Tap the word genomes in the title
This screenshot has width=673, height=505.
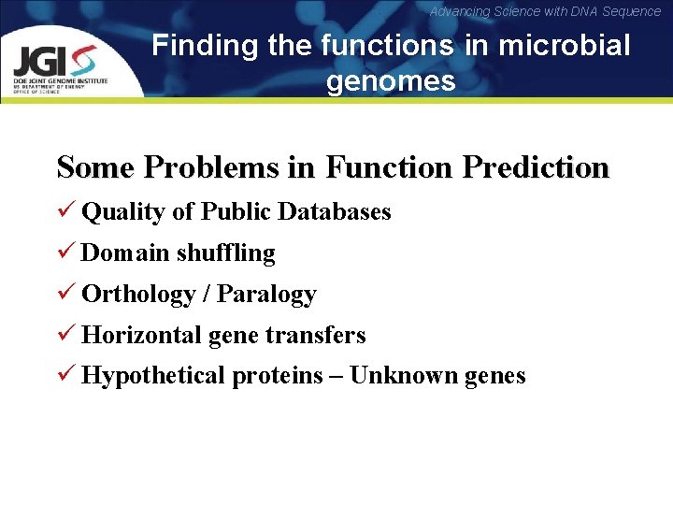(x=391, y=82)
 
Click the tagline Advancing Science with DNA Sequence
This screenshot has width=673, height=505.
(x=545, y=11)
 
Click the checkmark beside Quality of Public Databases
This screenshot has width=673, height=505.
(x=64, y=211)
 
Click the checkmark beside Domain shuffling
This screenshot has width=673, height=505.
(x=64, y=252)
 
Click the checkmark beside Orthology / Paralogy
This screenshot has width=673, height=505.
(x=64, y=294)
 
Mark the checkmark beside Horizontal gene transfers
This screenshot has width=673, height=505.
(x=64, y=335)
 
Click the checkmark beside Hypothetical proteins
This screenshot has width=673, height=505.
(x=64, y=376)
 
